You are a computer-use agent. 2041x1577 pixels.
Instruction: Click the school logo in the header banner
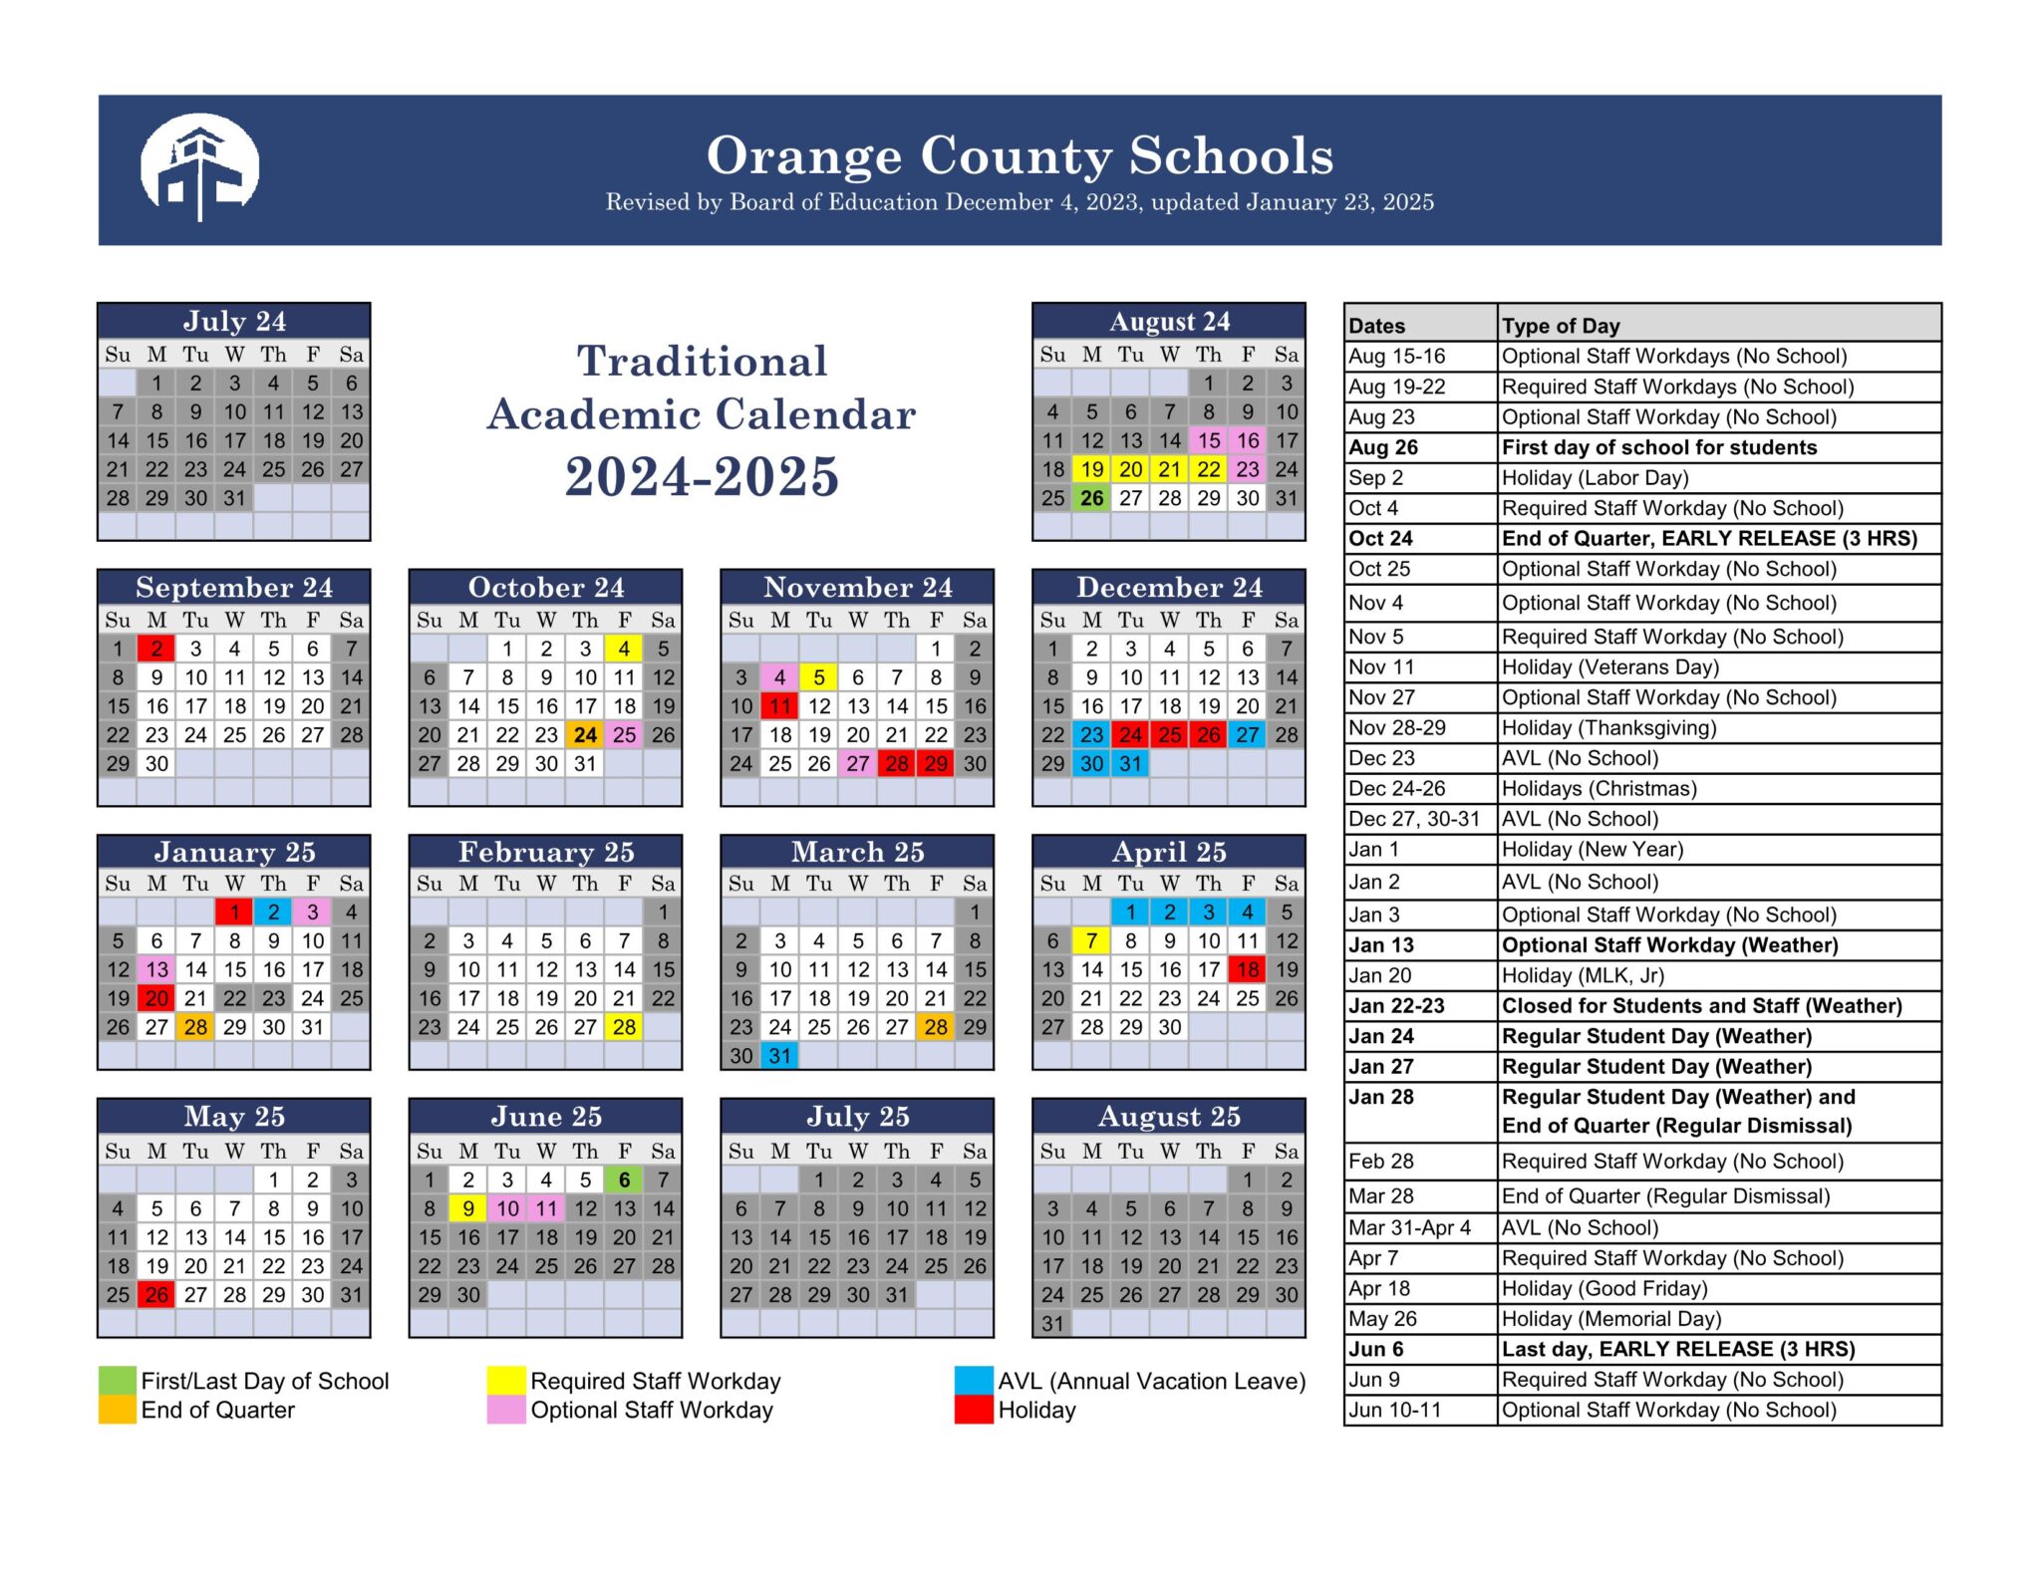(x=199, y=167)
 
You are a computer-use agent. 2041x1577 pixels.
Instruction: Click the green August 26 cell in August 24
(x=1091, y=498)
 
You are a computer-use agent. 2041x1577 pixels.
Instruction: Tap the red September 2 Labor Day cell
(x=156, y=649)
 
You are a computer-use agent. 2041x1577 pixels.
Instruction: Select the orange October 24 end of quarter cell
(x=585, y=735)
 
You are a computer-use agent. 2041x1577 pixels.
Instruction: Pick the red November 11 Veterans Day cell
(x=779, y=706)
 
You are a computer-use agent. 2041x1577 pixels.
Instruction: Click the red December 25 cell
(x=1169, y=735)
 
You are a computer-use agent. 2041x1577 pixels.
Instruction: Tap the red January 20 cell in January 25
(x=156, y=998)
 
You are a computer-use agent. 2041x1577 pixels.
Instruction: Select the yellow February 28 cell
(x=624, y=1027)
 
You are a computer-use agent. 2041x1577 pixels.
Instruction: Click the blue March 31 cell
(x=779, y=1056)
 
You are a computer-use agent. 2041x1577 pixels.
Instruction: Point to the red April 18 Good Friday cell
(x=1247, y=969)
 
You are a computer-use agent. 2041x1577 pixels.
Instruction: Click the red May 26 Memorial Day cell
(x=156, y=1295)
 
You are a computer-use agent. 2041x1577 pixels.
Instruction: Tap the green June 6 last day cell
(x=624, y=1180)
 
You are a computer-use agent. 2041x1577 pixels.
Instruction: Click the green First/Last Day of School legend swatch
(x=117, y=1381)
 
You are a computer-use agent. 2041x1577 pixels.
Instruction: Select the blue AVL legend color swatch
(x=973, y=1381)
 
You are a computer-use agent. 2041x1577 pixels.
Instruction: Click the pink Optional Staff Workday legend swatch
(x=505, y=1410)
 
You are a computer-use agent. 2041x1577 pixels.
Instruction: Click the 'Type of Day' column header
(x=1561, y=326)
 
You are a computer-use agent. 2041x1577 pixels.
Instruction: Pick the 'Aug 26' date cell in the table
(x=1383, y=447)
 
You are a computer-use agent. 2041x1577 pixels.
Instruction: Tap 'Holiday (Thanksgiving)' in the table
(x=1608, y=728)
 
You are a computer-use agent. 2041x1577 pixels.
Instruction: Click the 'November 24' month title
(x=857, y=587)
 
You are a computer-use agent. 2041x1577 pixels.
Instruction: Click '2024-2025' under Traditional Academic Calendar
(x=702, y=476)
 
